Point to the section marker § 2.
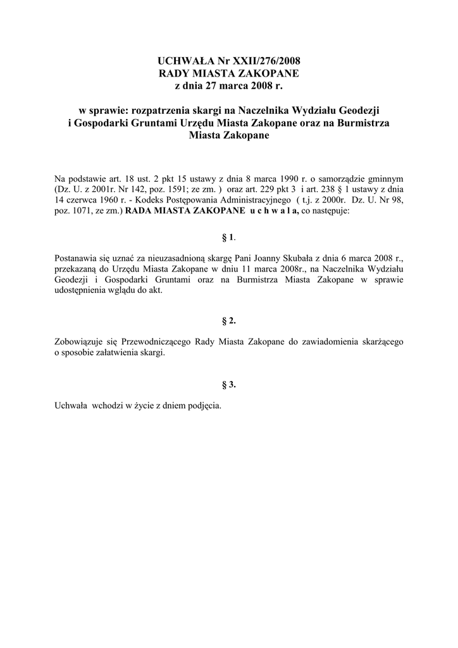[228, 321]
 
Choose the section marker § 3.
[228, 384]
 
